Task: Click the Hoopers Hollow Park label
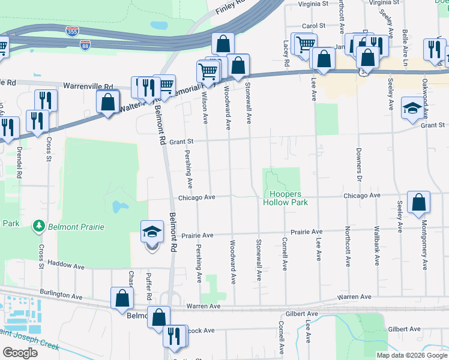(285, 199)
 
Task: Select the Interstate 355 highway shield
(72, 30)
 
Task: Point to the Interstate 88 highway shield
(85, 46)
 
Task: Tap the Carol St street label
(313, 26)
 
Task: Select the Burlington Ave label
(61, 296)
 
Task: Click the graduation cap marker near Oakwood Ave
(412, 108)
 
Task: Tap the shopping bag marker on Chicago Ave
(418, 203)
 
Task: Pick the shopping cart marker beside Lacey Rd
(304, 44)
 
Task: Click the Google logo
(20, 353)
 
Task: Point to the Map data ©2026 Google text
(411, 355)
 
